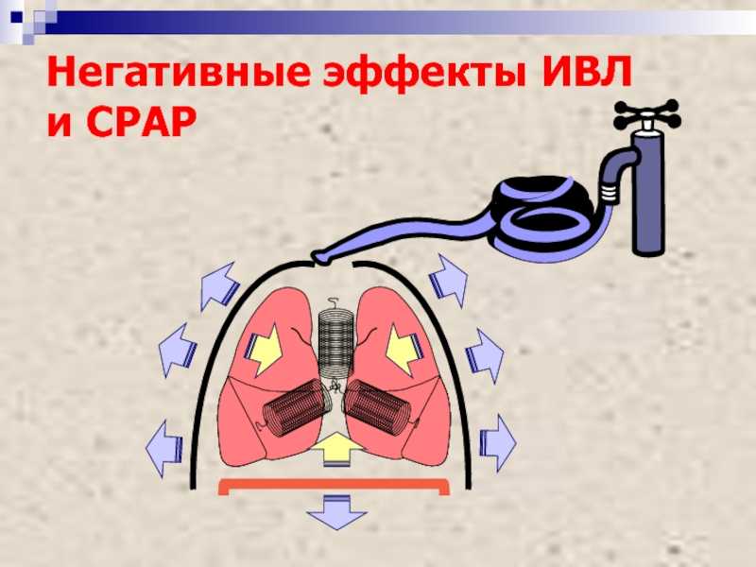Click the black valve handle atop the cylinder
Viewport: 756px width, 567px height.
(x=646, y=113)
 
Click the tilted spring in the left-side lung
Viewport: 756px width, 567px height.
(x=295, y=406)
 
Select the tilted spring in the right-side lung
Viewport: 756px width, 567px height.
(x=379, y=406)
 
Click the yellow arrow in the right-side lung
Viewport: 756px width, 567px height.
(x=404, y=349)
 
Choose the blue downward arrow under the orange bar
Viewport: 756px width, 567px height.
(x=336, y=512)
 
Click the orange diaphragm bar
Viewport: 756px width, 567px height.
(x=334, y=487)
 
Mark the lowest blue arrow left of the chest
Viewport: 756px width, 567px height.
(x=163, y=448)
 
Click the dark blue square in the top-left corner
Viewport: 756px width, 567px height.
(x=16, y=18)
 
